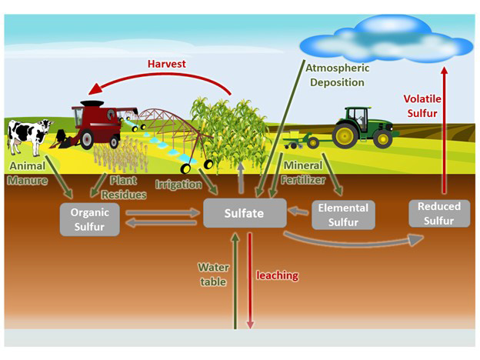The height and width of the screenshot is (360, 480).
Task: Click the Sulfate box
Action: click(245, 212)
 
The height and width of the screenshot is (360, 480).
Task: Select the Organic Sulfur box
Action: click(89, 218)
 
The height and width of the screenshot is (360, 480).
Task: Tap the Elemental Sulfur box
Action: click(343, 215)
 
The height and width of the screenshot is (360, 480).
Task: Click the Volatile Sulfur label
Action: click(422, 105)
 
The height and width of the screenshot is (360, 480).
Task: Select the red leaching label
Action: click(277, 275)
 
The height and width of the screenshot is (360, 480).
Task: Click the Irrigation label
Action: click(179, 185)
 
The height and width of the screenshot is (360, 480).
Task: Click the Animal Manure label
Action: click(28, 173)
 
